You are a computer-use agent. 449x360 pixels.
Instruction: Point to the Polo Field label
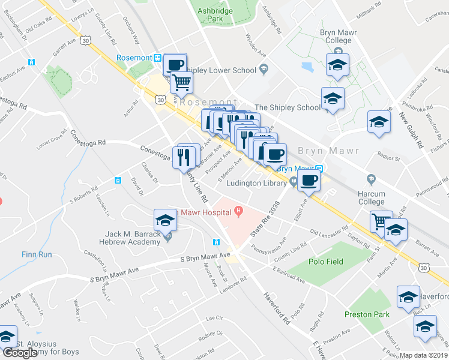[x=326, y=262]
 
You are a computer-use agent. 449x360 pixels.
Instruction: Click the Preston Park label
[x=367, y=314]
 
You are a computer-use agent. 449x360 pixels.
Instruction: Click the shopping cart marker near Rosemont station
[x=181, y=82]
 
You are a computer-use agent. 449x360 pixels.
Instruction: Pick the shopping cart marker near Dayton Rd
[x=380, y=221]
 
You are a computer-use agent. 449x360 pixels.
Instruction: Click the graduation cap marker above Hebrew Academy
[x=165, y=220]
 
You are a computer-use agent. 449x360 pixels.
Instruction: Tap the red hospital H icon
[x=240, y=211]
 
